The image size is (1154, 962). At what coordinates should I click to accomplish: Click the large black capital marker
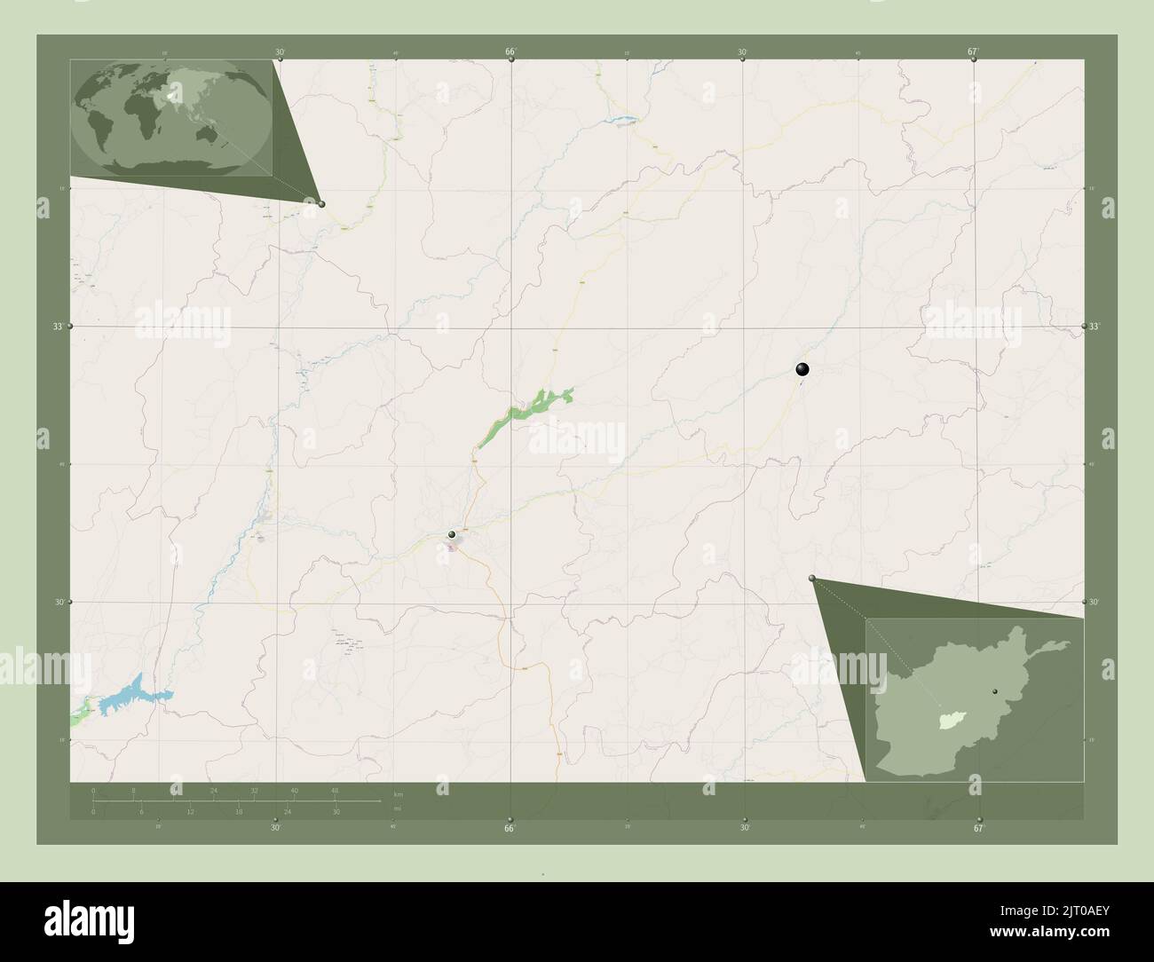click(x=802, y=370)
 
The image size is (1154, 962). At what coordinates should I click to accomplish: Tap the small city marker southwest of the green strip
click(x=452, y=534)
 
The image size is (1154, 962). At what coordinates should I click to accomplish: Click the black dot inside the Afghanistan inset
click(x=995, y=690)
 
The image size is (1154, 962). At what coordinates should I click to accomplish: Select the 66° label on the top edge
click(x=511, y=52)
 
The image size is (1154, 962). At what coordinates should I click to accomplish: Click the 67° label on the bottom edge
click(x=977, y=829)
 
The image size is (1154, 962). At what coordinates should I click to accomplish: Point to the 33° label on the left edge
click(x=58, y=327)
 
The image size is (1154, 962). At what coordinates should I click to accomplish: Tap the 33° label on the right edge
click(x=1095, y=327)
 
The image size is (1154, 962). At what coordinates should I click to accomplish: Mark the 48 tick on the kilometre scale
click(x=334, y=790)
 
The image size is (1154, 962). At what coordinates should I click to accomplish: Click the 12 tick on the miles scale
click(x=190, y=812)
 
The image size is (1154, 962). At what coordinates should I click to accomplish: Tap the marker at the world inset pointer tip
click(x=321, y=203)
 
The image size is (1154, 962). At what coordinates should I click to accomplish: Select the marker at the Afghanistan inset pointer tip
click(x=812, y=579)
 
